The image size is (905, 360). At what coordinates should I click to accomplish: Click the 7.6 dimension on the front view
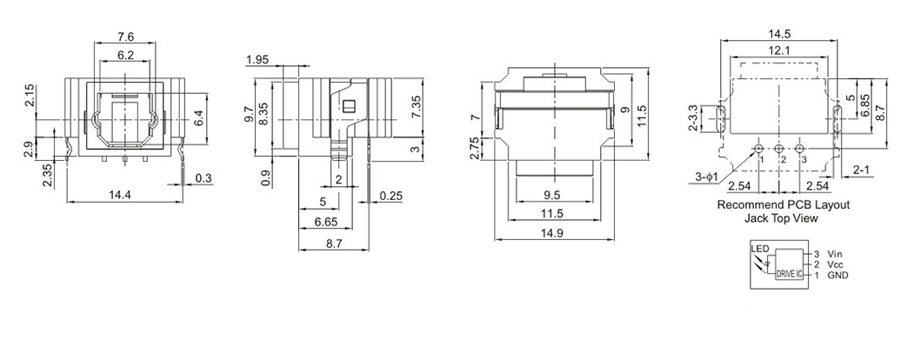coord(126,37)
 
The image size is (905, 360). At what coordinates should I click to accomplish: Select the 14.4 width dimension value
coord(120,195)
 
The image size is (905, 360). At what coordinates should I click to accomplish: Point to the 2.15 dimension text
coord(29,95)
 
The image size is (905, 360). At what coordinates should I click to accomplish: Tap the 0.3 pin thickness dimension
coord(203,179)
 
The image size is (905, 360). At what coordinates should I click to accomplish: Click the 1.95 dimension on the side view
coord(257,59)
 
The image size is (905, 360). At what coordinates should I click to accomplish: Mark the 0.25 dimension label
coord(391,196)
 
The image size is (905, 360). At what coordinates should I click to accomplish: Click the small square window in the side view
coord(348,106)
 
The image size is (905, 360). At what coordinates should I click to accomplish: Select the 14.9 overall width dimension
coord(554,233)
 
